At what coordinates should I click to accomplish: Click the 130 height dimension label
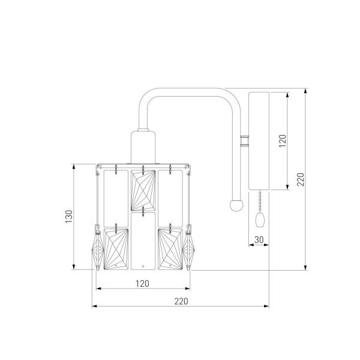[68, 216]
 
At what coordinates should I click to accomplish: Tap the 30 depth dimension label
[259, 239]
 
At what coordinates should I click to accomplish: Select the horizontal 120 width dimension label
[142, 284]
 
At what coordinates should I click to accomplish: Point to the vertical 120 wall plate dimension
[283, 141]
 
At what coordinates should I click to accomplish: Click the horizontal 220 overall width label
[181, 301]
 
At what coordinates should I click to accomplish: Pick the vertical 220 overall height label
[301, 179]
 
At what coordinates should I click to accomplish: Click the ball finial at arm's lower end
[236, 205]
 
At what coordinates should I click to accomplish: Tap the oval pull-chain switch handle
[260, 220]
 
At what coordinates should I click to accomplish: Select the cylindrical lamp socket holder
[143, 147]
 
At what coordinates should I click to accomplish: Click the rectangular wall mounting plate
[259, 141]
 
